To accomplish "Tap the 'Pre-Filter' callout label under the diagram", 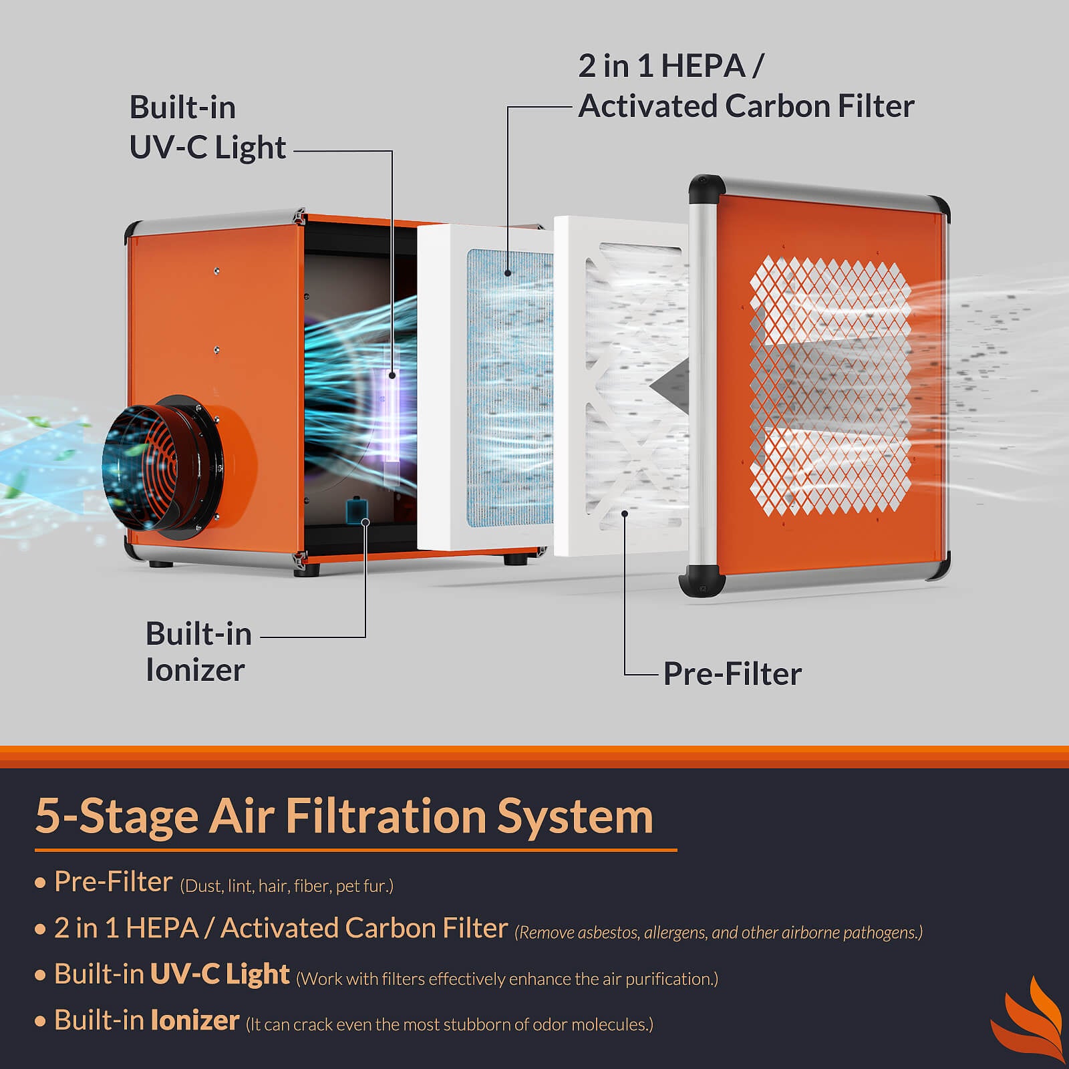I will (732, 673).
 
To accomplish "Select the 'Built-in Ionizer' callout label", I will (198, 651).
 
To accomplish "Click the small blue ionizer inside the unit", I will (355, 511).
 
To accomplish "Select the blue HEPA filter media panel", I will (509, 388).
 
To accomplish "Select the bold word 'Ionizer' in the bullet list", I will (194, 1020).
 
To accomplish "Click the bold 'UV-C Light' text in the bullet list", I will (220, 974).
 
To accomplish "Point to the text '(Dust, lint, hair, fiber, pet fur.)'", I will (287, 886).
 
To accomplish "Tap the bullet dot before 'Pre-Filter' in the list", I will (40, 883).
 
